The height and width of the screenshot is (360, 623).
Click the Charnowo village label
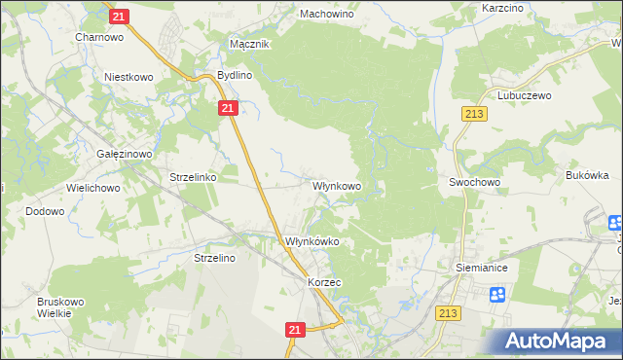pyautogui.click(x=98, y=39)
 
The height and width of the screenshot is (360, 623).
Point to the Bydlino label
pyautogui.click(x=235, y=75)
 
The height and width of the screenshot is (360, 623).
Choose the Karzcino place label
pyautogui.click(x=504, y=8)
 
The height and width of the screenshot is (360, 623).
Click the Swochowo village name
pyautogui.click(x=474, y=182)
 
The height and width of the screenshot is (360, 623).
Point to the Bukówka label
pyautogui.click(x=587, y=176)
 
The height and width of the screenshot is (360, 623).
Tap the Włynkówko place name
pyautogui.click(x=311, y=242)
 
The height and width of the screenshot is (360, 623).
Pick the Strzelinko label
pyautogui.click(x=199, y=178)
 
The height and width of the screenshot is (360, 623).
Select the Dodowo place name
pyautogui.click(x=45, y=211)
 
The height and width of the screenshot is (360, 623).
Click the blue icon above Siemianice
pyautogui.click(x=497, y=294)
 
